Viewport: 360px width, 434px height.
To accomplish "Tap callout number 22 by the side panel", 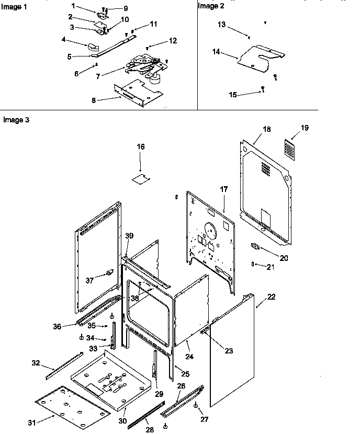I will pyautogui.click(x=272, y=297).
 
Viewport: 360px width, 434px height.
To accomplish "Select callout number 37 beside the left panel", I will pyautogui.click(x=89, y=281).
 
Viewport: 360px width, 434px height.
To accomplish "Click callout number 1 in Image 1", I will pyautogui.click(x=74, y=6).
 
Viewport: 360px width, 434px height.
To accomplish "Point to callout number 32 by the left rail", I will pyautogui.click(x=36, y=363).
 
